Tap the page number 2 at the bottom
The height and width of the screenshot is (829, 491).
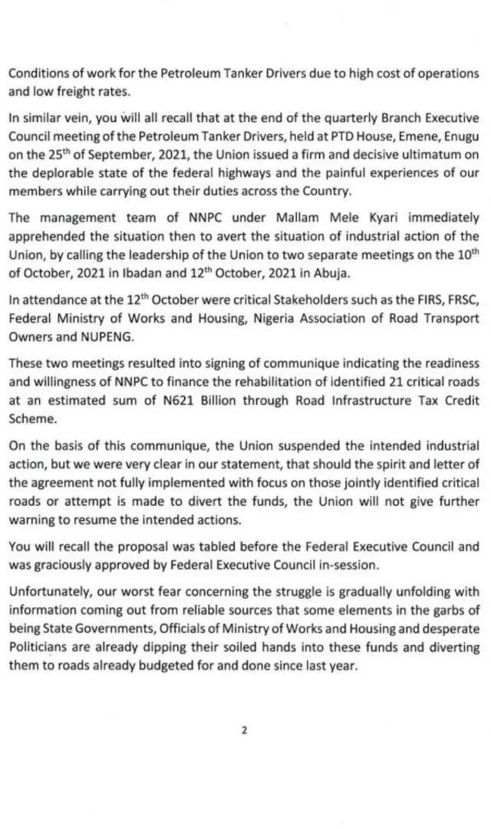pos(245,730)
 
